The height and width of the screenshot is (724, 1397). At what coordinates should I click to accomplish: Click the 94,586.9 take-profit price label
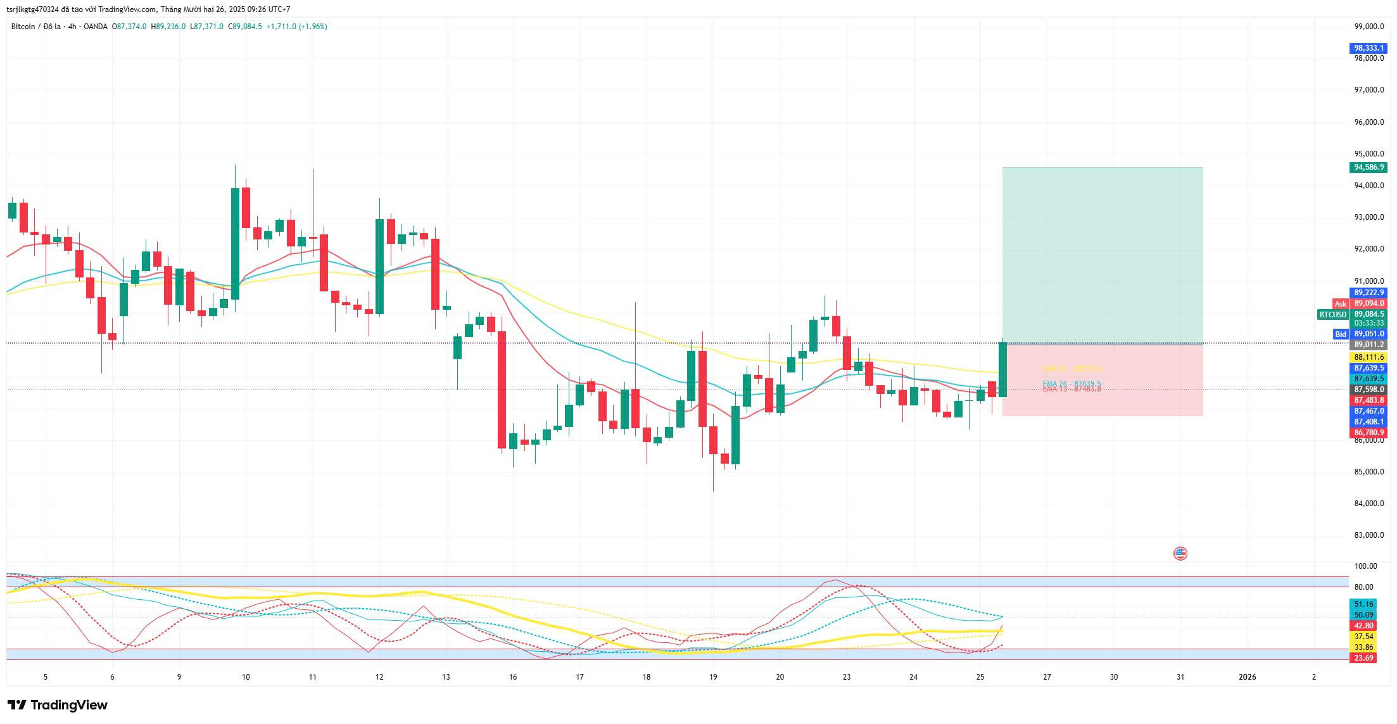(1368, 167)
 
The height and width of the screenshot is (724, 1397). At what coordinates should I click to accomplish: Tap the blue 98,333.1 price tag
(1368, 48)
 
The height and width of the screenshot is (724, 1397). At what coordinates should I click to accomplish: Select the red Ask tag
(1341, 304)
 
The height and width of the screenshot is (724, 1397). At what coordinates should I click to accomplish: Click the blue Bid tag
(1341, 334)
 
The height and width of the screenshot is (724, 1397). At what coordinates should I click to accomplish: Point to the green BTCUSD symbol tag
(1332, 315)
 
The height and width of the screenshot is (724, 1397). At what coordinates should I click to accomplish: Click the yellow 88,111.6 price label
(1368, 357)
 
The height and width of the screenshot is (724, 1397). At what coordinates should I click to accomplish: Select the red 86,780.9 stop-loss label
(1368, 433)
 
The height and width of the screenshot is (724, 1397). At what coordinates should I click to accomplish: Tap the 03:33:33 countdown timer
(1368, 323)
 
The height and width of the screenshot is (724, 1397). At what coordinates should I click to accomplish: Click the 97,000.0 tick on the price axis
(1368, 90)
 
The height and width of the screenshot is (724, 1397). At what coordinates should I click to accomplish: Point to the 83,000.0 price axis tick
(1368, 535)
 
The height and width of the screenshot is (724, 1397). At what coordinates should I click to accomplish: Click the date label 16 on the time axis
(512, 677)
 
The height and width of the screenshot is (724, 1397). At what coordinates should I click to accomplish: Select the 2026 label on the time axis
(1247, 677)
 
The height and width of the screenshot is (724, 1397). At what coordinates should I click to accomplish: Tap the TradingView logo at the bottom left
(58, 705)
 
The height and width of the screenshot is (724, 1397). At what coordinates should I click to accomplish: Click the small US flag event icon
(1180, 554)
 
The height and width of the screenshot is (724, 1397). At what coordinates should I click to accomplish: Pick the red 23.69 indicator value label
(1363, 658)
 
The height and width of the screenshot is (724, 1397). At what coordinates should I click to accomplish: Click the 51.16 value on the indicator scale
(1363, 604)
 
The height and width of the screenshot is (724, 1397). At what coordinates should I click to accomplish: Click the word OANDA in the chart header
(95, 27)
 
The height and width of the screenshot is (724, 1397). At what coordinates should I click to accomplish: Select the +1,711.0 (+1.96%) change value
(296, 27)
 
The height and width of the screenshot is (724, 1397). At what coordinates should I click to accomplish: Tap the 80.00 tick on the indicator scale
(1363, 587)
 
